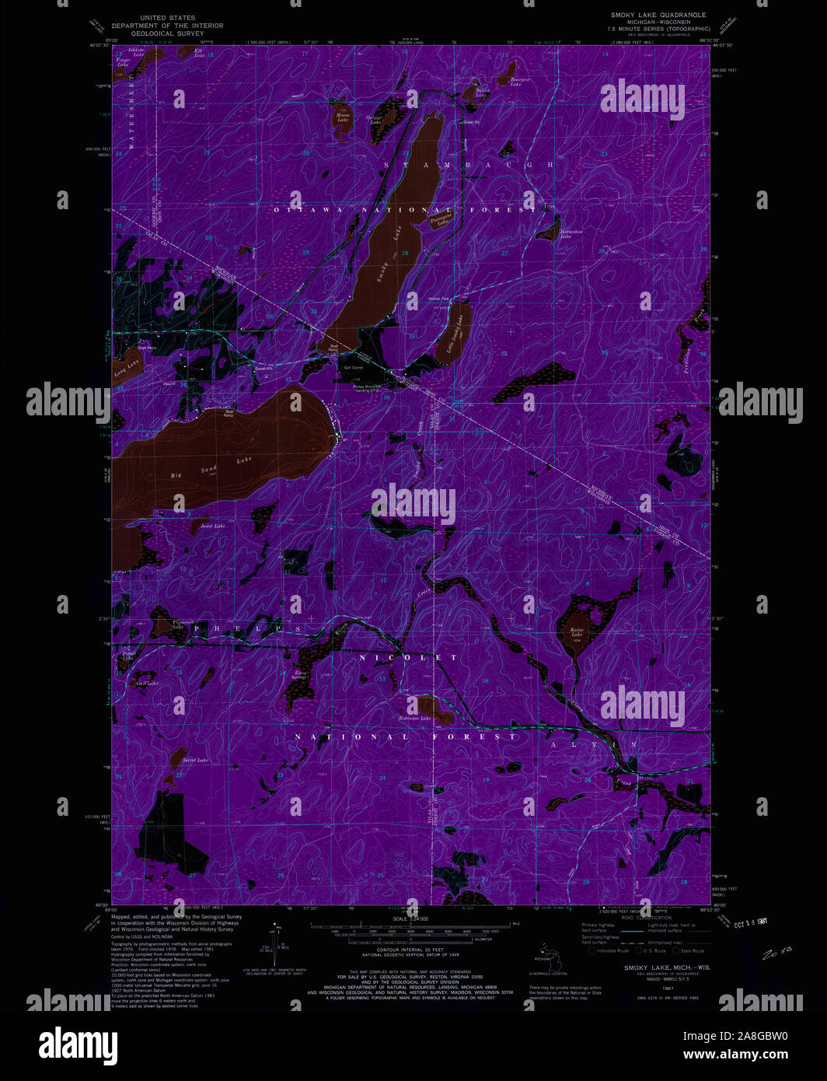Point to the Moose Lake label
point(343,117)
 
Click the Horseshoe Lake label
point(560,233)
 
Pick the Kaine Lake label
point(577,632)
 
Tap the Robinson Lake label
point(415,718)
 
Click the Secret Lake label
point(194,760)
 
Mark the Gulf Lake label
point(147,683)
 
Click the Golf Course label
point(354,367)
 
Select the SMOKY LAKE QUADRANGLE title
point(658,15)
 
